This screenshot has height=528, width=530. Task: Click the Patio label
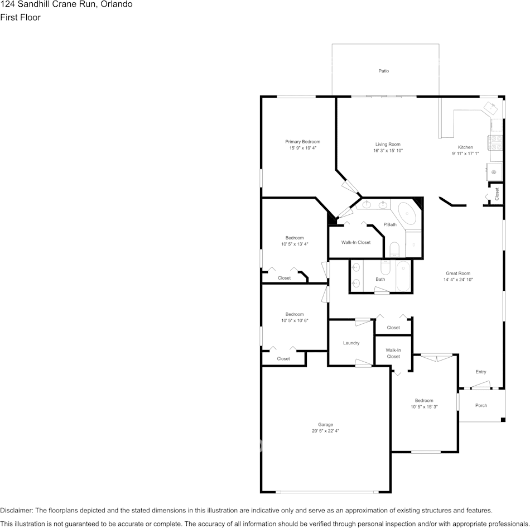click(383, 71)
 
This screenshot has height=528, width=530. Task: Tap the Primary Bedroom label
click(302, 142)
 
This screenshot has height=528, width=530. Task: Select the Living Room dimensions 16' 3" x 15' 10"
click(388, 151)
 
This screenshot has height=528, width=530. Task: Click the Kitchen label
click(465, 147)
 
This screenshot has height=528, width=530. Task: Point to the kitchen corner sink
click(490, 108)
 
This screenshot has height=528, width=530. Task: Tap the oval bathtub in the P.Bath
click(407, 213)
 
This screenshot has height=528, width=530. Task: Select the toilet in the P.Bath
click(394, 249)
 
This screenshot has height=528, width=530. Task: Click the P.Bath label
click(390, 224)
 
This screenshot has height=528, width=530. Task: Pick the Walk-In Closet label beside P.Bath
click(355, 242)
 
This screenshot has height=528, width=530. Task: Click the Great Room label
click(457, 273)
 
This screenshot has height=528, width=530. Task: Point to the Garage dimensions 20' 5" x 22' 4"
click(325, 431)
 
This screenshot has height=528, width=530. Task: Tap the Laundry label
click(351, 343)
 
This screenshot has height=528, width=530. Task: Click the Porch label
click(481, 405)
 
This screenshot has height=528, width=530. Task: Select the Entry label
click(481, 372)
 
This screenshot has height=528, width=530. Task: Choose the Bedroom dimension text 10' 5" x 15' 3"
click(424, 407)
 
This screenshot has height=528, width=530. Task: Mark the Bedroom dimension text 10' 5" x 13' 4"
click(295, 244)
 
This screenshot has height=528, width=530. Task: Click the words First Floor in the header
click(20, 18)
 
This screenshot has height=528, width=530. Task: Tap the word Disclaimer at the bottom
click(16, 510)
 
